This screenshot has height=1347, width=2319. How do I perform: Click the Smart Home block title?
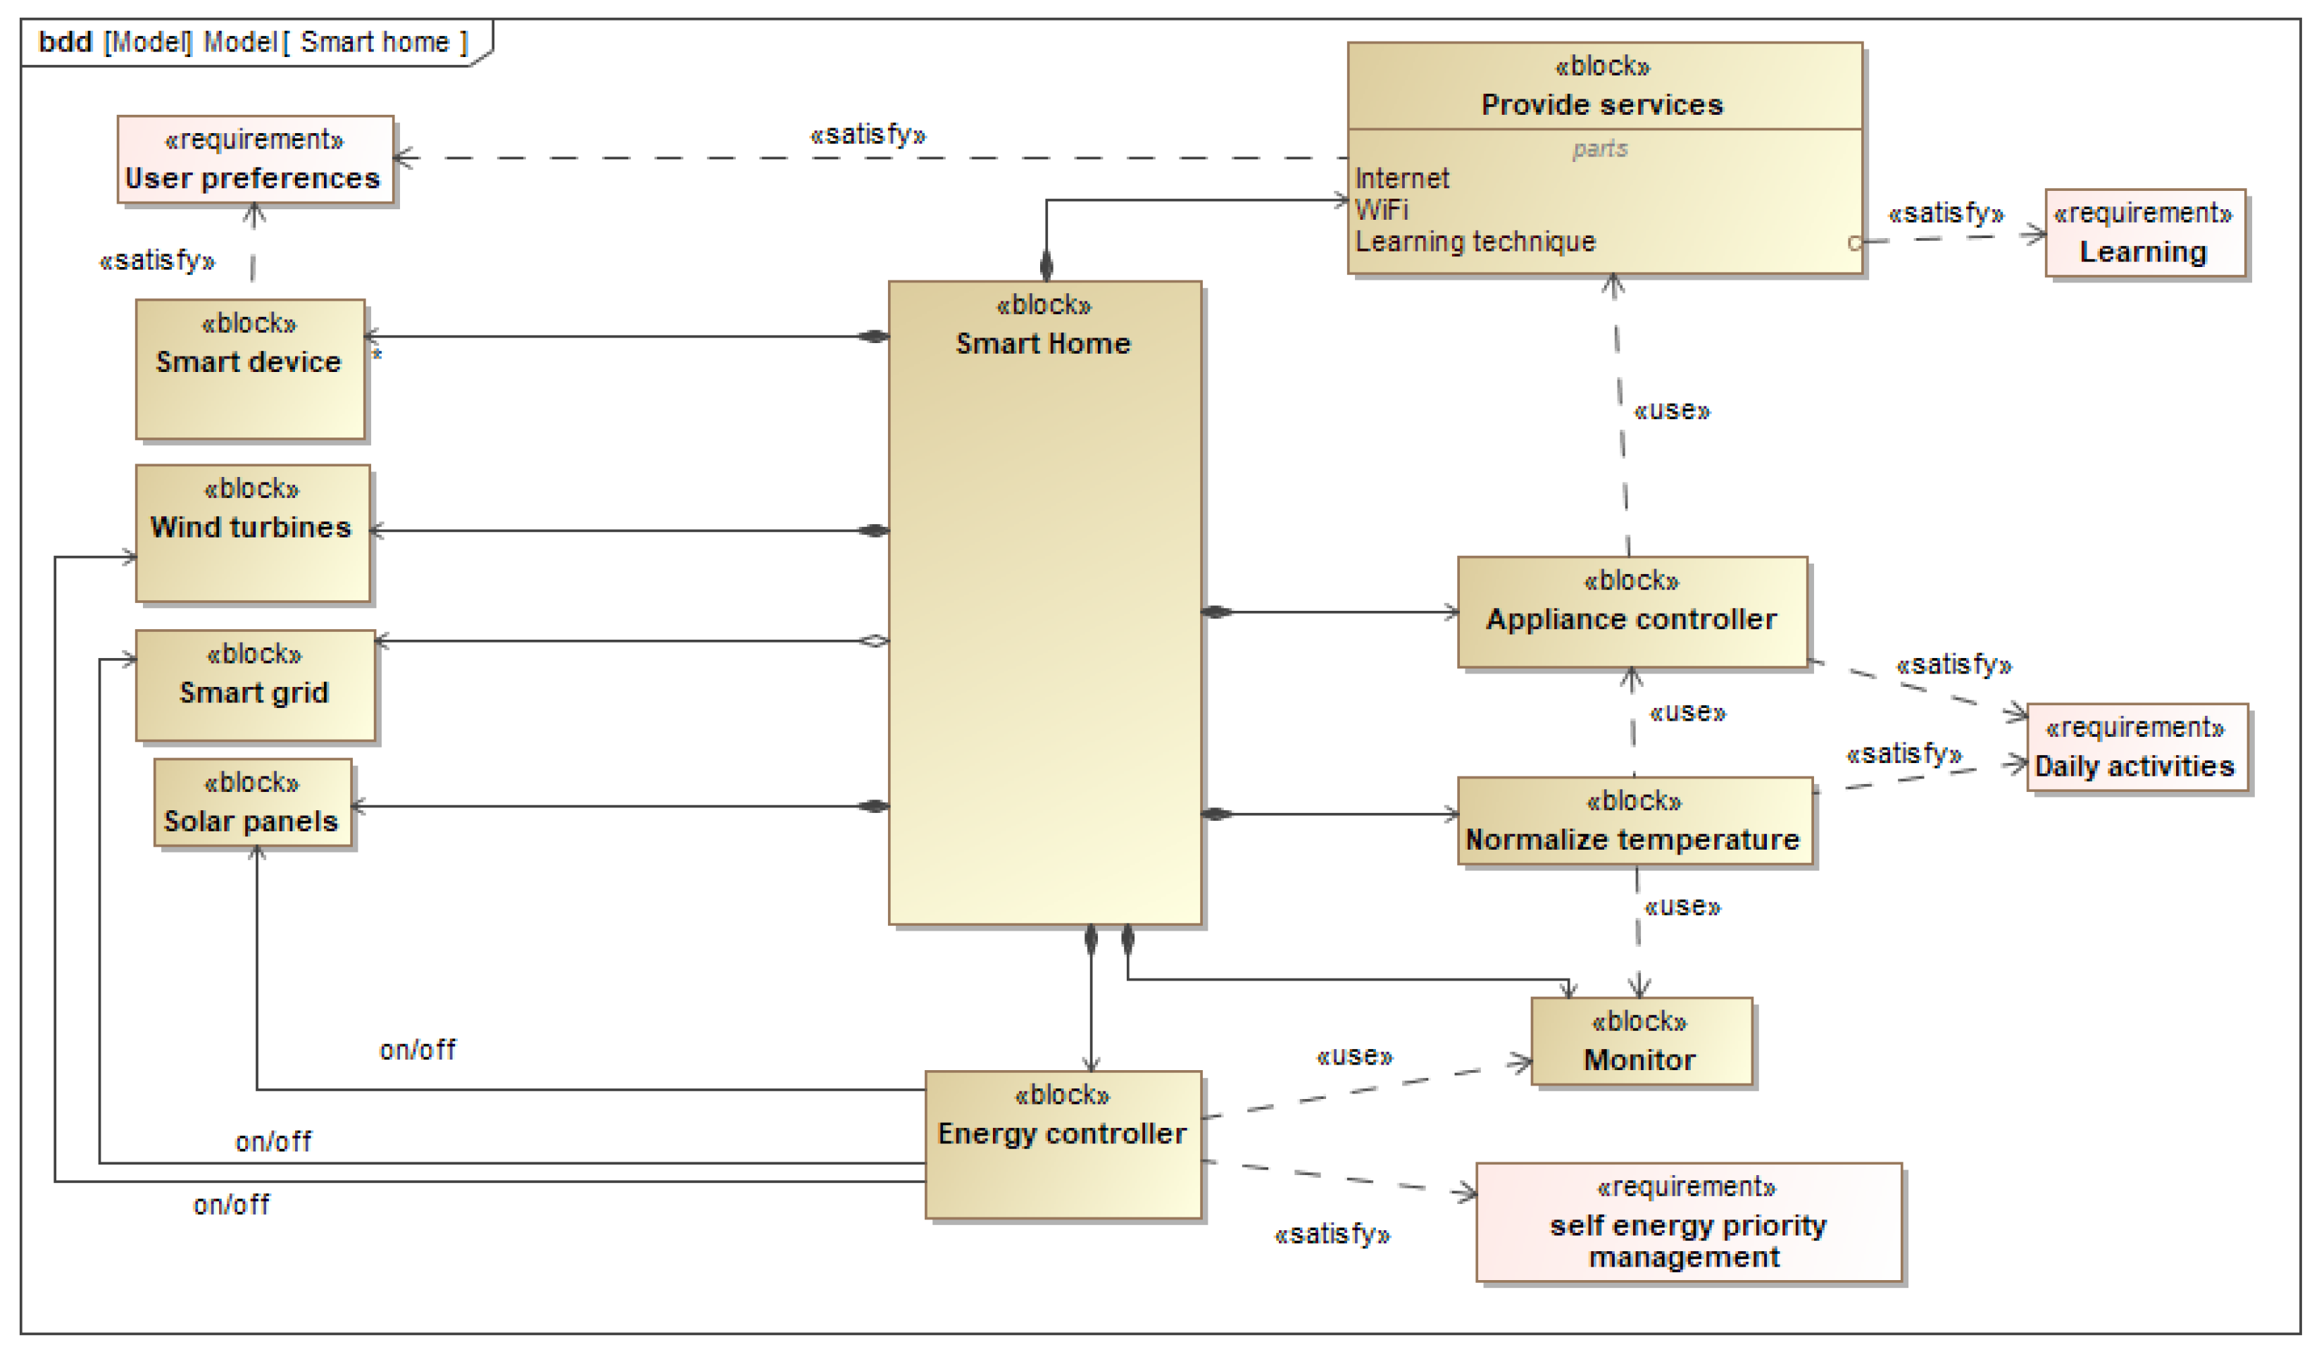(1043, 343)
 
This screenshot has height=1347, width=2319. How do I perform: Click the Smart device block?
(249, 369)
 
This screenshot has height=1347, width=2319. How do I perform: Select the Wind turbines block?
(252, 533)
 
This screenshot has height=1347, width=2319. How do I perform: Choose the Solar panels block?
(252, 803)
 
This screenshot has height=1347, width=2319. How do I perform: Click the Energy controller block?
(1062, 1143)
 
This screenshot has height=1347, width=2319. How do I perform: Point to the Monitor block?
(1640, 1042)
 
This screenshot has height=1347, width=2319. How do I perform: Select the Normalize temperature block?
(1633, 821)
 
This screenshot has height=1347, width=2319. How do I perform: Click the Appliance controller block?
(1631, 612)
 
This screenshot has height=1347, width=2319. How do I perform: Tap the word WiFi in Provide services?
(1381, 210)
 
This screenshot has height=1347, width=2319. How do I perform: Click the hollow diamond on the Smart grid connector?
(873, 641)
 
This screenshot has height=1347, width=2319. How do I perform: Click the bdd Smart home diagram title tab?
(253, 42)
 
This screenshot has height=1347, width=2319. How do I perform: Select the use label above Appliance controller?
(1671, 411)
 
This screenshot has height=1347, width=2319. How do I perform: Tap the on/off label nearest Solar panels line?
(417, 1050)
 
